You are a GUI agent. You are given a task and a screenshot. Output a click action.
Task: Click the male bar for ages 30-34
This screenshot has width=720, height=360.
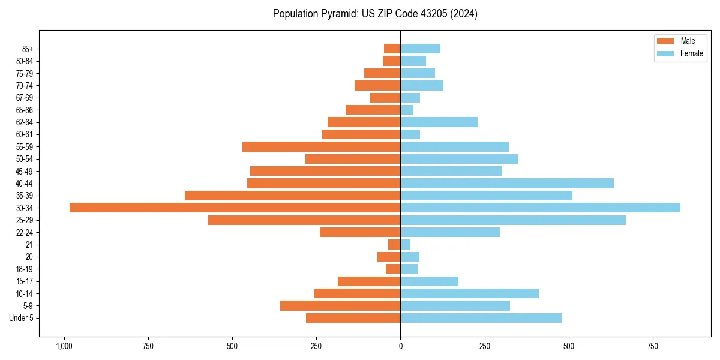pos(235,208)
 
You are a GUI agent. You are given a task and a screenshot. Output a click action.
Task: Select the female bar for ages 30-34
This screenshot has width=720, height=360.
pos(540,208)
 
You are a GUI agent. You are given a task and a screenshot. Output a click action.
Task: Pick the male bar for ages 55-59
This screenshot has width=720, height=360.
pos(321,146)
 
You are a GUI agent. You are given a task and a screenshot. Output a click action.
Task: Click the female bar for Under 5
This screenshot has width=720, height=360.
pos(481,318)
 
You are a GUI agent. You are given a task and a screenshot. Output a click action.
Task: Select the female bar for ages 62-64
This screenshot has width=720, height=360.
pos(439,122)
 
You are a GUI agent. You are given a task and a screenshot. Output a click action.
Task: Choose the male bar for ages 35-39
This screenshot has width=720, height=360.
pos(292,196)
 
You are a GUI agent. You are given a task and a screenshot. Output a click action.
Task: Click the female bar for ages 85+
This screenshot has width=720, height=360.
pos(420,49)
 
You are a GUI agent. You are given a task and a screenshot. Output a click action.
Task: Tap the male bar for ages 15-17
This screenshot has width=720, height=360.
pos(369,281)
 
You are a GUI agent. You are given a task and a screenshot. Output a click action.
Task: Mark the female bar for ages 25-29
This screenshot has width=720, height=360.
pos(513,220)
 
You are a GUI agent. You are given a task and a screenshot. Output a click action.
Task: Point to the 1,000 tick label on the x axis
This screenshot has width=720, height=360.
pos(64,346)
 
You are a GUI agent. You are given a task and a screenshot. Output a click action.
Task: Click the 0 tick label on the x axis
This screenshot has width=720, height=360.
pos(400,346)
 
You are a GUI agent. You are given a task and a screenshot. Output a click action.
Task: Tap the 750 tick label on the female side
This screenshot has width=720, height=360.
pos(653,346)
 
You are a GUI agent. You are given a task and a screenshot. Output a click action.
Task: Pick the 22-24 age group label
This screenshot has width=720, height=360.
pos(25,232)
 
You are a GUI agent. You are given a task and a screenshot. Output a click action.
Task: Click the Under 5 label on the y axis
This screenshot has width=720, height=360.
pos(21,318)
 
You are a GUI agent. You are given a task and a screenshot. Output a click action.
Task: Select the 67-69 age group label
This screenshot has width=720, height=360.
pos(25,98)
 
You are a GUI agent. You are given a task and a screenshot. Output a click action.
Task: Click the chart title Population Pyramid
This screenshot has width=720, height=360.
pos(375,14)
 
